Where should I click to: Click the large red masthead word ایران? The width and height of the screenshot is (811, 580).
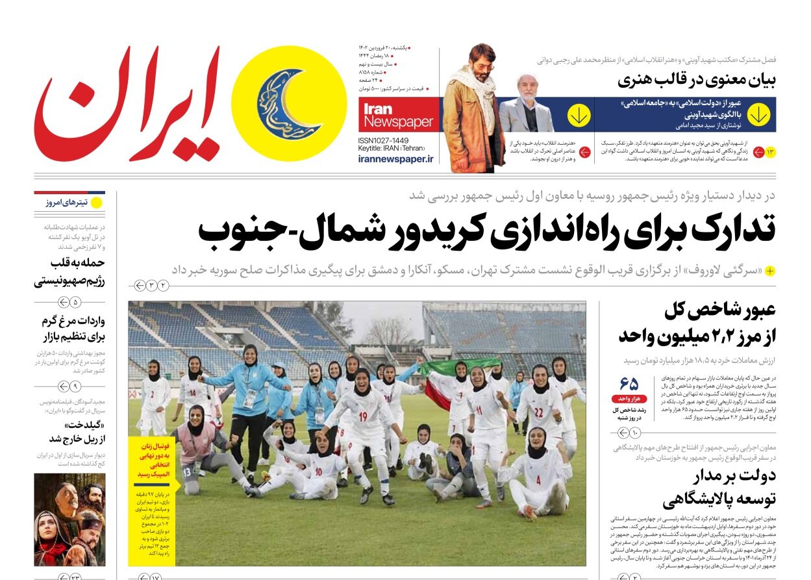pos(127,104)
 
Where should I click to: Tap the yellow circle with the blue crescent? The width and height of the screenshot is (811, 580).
pos(289,104)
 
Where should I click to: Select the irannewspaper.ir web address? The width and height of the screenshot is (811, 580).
pos(395,158)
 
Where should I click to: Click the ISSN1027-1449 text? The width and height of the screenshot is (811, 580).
pos(383,140)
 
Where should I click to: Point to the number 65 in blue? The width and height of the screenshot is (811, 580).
pos(629,383)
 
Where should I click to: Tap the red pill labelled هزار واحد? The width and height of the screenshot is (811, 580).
pos(629,398)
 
